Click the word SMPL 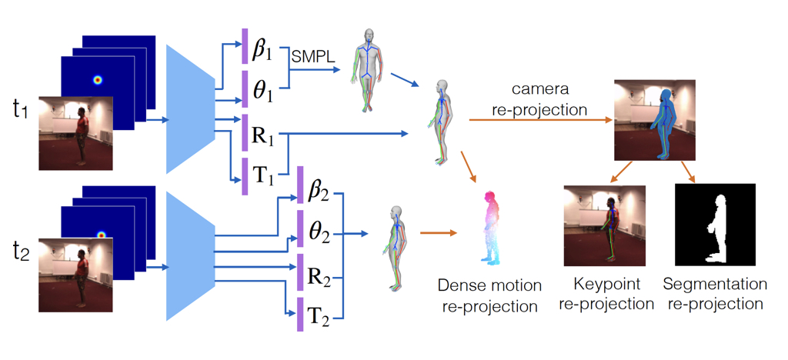pyautogui.click(x=310, y=57)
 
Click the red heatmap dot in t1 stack pyautogui.click(x=97, y=79)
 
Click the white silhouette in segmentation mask pyautogui.click(x=717, y=226)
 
